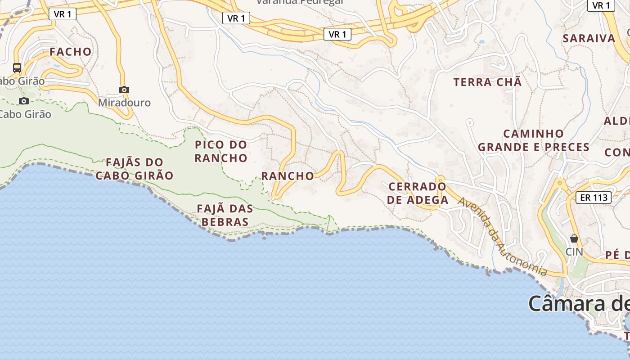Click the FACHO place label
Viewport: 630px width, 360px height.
(70, 52)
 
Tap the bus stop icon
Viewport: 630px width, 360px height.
(17, 68)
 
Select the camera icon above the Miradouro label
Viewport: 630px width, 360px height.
(124, 90)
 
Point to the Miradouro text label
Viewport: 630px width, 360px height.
(124, 103)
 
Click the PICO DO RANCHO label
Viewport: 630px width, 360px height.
(221, 151)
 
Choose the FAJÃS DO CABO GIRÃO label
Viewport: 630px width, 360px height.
(134, 169)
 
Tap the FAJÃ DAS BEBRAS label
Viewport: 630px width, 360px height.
(225, 215)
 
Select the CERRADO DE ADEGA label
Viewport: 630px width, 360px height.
(418, 193)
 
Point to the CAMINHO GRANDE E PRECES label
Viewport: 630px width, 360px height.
(534, 140)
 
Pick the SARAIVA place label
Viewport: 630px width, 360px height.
(589, 38)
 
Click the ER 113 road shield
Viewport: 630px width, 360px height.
(594, 197)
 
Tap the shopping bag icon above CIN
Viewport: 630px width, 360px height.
(574, 238)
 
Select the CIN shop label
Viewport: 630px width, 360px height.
(574, 252)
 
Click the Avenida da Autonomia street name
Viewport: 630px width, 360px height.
(502, 236)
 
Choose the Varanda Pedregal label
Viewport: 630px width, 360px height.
(300, 2)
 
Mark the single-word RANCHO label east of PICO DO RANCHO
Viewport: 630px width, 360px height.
(288, 176)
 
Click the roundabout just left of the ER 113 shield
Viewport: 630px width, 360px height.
(560, 183)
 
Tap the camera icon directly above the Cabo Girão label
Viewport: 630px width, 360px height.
(24, 101)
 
